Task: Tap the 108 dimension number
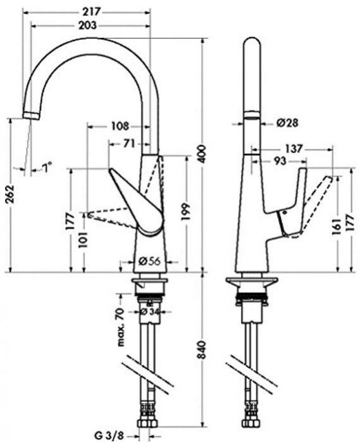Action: pyautogui.click(x=120, y=125)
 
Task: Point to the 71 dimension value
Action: pyautogui.click(x=129, y=144)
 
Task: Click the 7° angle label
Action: pyautogui.click(x=46, y=167)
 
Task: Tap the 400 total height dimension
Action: pyautogui.click(x=202, y=155)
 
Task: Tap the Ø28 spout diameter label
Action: pyautogui.click(x=286, y=122)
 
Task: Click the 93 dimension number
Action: pyautogui.click(x=279, y=161)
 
